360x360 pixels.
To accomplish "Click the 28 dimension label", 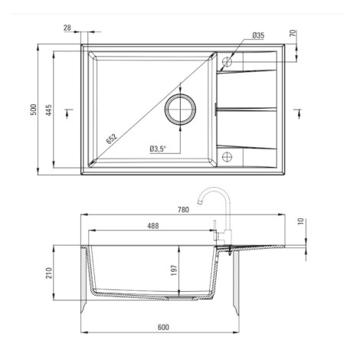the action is tap(67, 28).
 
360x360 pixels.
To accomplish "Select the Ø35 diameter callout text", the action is tap(258, 35).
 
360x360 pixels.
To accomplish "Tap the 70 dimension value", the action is tap(293, 33).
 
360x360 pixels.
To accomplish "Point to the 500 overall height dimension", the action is tap(34, 110).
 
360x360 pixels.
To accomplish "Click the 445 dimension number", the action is tap(48, 110).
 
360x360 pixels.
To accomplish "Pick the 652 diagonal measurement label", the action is tap(112, 139).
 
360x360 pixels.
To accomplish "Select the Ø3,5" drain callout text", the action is tap(158, 149).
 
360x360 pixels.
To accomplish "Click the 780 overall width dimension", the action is tap(183, 210).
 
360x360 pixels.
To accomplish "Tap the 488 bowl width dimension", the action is tap(153, 226).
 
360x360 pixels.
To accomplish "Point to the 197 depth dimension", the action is tap(174, 270).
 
